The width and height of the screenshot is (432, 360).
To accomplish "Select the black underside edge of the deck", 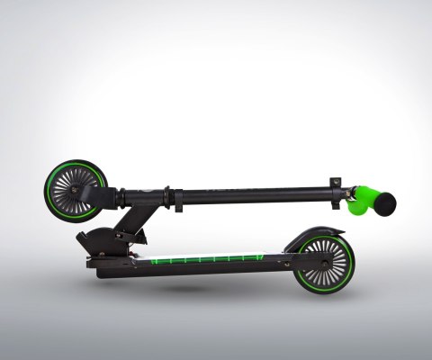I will pos(198,271).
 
